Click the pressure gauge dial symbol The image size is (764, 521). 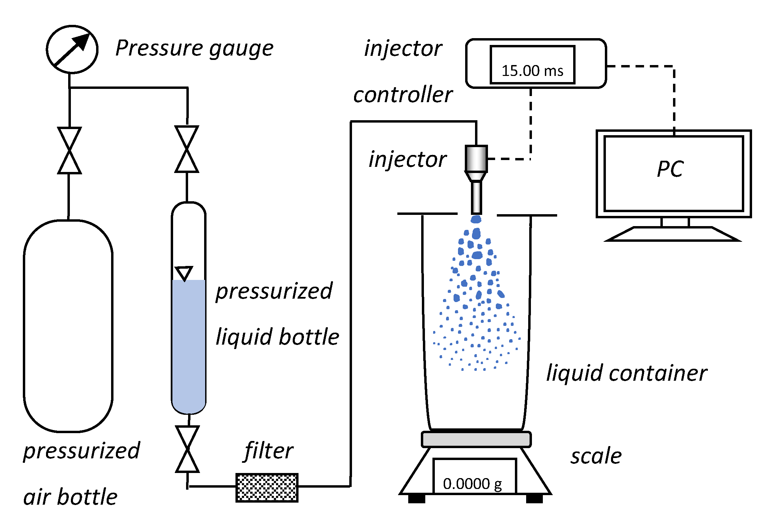(x=72, y=49)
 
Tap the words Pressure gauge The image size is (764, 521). (x=194, y=48)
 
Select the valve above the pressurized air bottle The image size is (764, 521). (x=69, y=151)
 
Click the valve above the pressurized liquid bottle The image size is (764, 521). (x=187, y=149)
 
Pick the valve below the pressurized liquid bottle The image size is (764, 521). (x=187, y=449)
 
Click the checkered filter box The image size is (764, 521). (x=267, y=488)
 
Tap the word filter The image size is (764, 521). (x=269, y=451)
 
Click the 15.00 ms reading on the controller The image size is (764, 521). (x=532, y=71)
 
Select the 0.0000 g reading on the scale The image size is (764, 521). (x=473, y=484)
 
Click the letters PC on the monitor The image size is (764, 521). (x=670, y=169)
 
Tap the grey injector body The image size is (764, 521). (x=476, y=159)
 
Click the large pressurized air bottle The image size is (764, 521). (x=68, y=326)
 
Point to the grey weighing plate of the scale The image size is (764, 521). (x=476, y=439)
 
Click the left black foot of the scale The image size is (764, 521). (x=416, y=499)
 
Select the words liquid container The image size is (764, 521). (x=626, y=373)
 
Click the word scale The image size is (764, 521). (x=596, y=456)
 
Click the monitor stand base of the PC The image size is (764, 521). (x=673, y=234)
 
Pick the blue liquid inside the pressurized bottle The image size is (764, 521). (x=189, y=344)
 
